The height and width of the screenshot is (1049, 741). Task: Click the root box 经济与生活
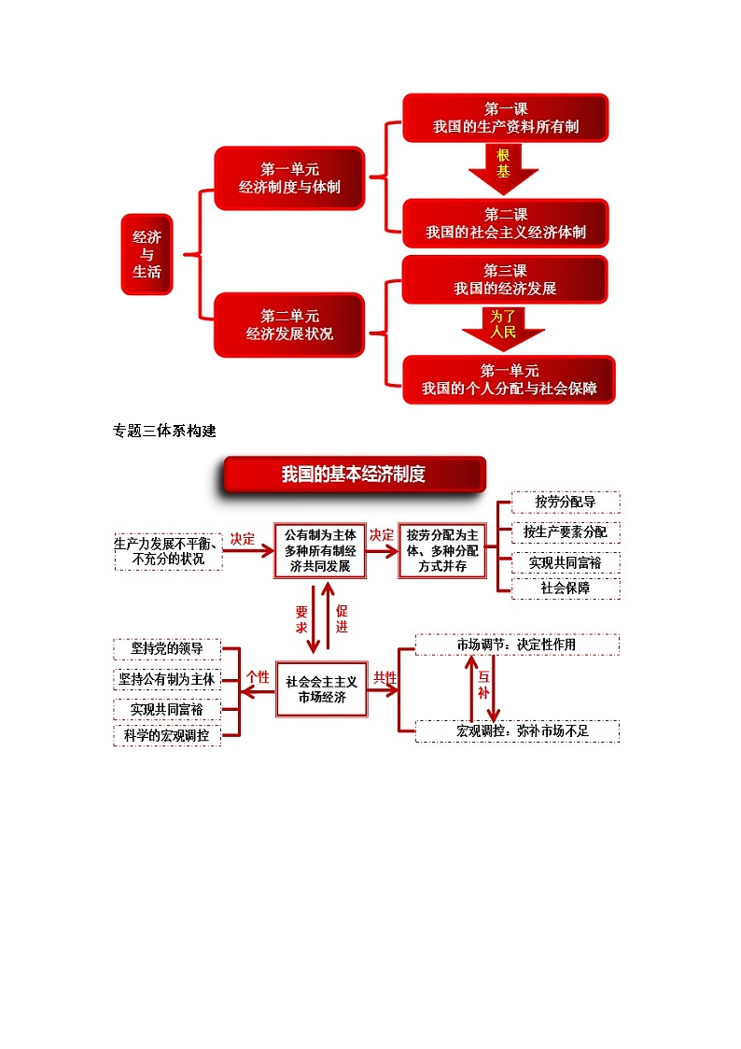[147, 254]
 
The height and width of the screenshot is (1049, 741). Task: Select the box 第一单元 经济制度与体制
[289, 178]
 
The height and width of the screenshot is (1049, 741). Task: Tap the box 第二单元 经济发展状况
[289, 324]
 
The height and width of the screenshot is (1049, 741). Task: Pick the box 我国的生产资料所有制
[505, 118]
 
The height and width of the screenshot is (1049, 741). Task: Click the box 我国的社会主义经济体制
[505, 223]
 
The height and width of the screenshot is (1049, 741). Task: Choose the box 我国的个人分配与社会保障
[509, 379]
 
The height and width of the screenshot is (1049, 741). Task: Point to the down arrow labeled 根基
[503, 167]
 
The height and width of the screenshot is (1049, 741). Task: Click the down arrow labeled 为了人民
[503, 327]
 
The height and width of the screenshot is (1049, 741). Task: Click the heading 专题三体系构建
[164, 431]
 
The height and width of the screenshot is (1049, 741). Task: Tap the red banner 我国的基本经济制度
[354, 475]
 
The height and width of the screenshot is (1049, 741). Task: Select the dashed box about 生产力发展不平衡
[168, 551]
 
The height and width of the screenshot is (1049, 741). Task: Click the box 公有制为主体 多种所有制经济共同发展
[320, 550]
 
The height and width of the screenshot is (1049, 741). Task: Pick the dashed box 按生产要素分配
[566, 532]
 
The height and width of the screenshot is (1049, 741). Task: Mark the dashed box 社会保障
[566, 588]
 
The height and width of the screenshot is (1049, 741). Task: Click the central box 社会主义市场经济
[321, 689]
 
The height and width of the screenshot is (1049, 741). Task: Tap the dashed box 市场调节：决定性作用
[517, 645]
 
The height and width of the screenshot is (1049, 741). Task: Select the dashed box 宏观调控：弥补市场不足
[517, 730]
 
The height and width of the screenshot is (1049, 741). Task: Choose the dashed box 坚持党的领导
[166, 649]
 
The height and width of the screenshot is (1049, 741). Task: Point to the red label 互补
[483, 686]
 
